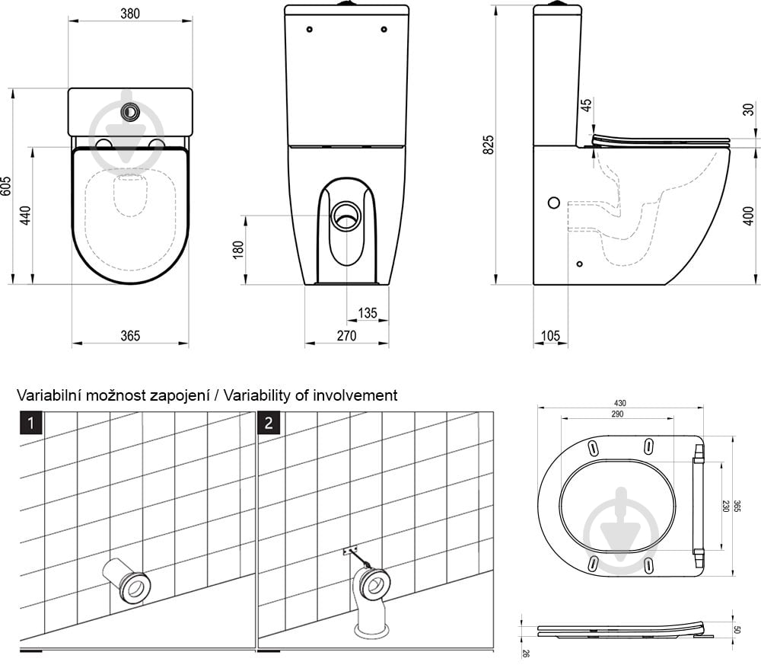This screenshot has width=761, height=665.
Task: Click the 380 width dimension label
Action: (130, 14)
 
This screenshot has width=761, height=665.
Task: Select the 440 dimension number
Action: (26, 215)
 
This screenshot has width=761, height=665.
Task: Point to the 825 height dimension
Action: (489, 145)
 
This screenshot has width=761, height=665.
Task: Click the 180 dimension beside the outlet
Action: (238, 250)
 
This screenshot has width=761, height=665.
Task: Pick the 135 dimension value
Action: (368, 313)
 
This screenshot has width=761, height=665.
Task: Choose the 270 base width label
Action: (346, 336)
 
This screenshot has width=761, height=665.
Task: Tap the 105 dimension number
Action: (550, 336)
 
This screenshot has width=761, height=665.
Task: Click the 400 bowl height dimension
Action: (749, 216)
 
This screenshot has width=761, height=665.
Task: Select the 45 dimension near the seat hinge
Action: (586, 105)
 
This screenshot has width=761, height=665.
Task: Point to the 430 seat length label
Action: (619, 403)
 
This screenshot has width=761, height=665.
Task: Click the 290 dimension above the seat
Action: (617, 414)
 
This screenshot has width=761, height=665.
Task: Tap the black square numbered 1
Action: (31, 423)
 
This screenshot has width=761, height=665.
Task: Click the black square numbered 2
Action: (269, 423)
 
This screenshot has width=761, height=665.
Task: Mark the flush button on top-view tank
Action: (129, 113)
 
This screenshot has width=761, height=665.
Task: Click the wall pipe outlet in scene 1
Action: (127, 580)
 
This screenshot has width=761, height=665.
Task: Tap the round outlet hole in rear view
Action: (346, 216)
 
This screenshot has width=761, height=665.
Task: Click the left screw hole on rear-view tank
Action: (310, 30)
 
